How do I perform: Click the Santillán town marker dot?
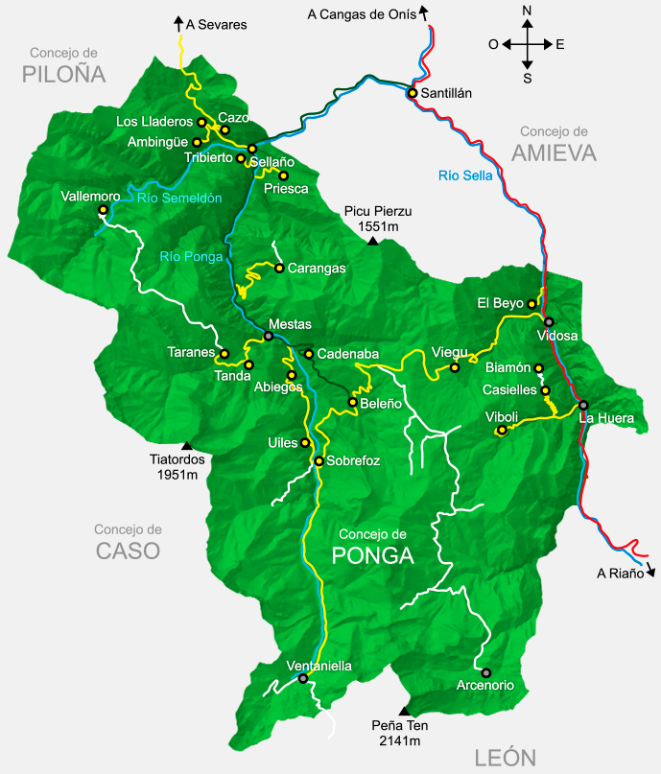coord(412,93)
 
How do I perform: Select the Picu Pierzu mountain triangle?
coord(371,241)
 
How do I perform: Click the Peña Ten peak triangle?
coord(405,711)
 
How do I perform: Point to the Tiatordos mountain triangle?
coord(187,445)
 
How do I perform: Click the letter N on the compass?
coord(527,12)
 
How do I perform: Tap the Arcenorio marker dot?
coord(485,672)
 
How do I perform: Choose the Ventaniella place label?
coord(319,666)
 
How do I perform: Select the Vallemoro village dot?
coord(102,209)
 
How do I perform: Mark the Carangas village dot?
coord(279,268)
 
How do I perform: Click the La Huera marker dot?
coord(583,405)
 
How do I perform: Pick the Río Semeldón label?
coord(179,199)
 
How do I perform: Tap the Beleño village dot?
coord(352,403)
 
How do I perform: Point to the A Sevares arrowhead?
coord(178,18)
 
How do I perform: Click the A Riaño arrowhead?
coord(651,573)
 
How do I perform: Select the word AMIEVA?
coord(554,152)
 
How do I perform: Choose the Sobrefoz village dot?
coord(318,461)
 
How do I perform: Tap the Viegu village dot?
coord(455,366)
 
